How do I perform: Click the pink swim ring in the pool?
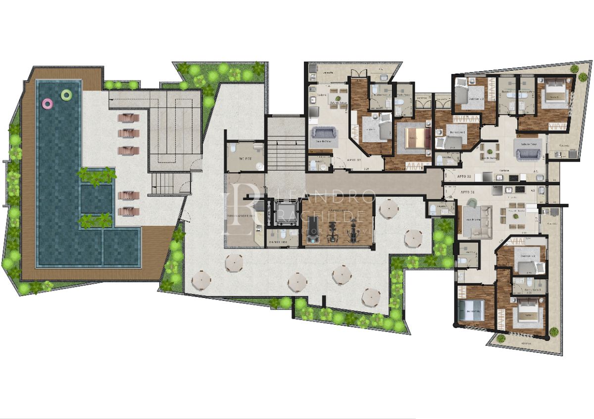pyautogui.click(x=48, y=103)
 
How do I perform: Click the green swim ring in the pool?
pyautogui.click(x=66, y=95)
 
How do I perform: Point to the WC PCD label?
pyautogui.click(x=245, y=159)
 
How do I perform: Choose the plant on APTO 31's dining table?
pyautogui.click(x=515, y=213)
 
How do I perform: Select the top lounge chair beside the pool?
pyautogui.click(x=128, y=118)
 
